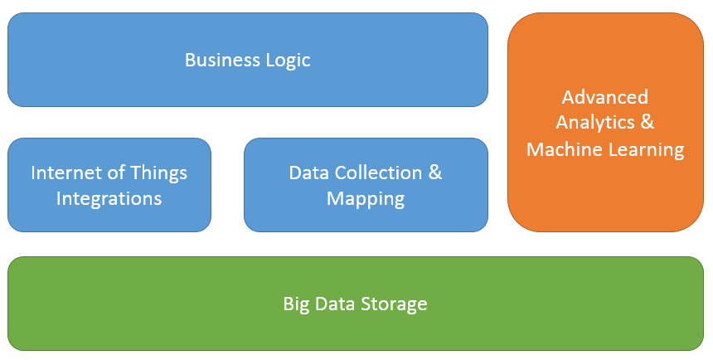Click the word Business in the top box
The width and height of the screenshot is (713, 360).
218,60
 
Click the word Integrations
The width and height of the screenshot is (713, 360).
109,198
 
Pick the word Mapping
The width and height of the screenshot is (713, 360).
366,198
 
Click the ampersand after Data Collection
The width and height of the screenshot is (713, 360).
435,173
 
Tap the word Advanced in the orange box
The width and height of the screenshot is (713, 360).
604,97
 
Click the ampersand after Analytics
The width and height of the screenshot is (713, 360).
648,123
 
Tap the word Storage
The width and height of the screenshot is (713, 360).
393,304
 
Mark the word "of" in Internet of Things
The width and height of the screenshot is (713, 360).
118,173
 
